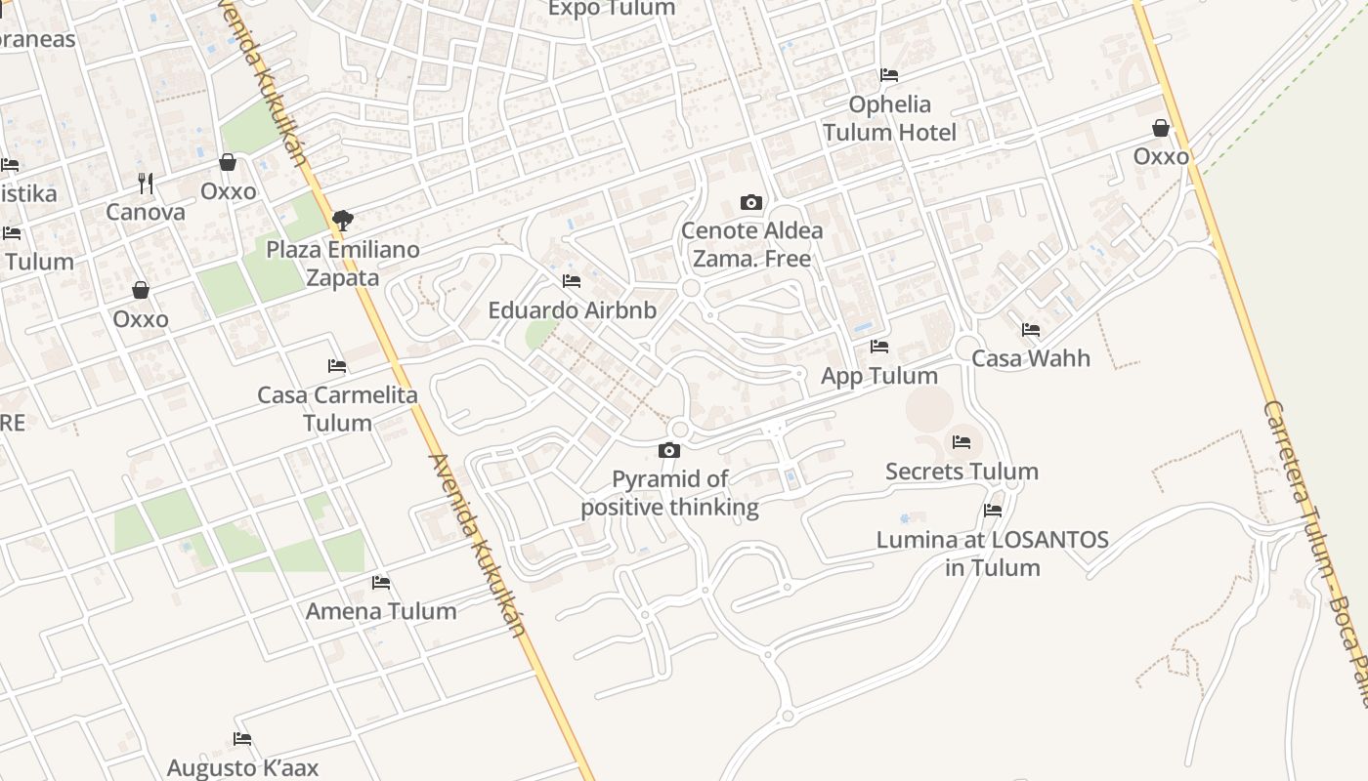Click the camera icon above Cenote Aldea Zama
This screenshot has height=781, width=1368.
[x=750, y=203]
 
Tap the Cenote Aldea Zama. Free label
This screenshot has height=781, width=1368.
[x=751, y=245]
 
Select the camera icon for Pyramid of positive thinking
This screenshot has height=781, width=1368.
[x=669, y=450]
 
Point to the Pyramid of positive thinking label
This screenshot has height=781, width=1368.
[x=670, y=493]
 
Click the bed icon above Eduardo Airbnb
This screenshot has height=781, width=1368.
[x=572, y=281]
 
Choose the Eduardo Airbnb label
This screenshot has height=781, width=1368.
[x=572, y=310]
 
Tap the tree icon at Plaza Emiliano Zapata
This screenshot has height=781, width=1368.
[x=342, y=221]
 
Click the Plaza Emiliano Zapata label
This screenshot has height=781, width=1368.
[x=343, y=264]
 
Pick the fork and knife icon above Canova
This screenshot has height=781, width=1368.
[x=146, y=184]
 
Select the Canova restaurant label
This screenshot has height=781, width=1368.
[x=146, y=212]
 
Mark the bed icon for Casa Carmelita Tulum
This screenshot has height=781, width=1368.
[x=337, y=366]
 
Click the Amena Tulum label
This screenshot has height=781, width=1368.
[x=381, y=611]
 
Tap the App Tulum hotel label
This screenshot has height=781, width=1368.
[x=879, y=376]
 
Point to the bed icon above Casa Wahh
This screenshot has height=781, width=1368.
[x=1031, y=330]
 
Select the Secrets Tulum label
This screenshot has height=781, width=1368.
[x=962, y=472]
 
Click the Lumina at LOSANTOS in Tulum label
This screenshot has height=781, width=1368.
[x=993, y=554]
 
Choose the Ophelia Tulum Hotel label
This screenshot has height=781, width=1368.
[x=889, y=118]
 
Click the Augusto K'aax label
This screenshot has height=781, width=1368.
[x=242, y=768]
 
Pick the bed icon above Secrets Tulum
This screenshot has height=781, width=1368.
[x=962, y=442]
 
